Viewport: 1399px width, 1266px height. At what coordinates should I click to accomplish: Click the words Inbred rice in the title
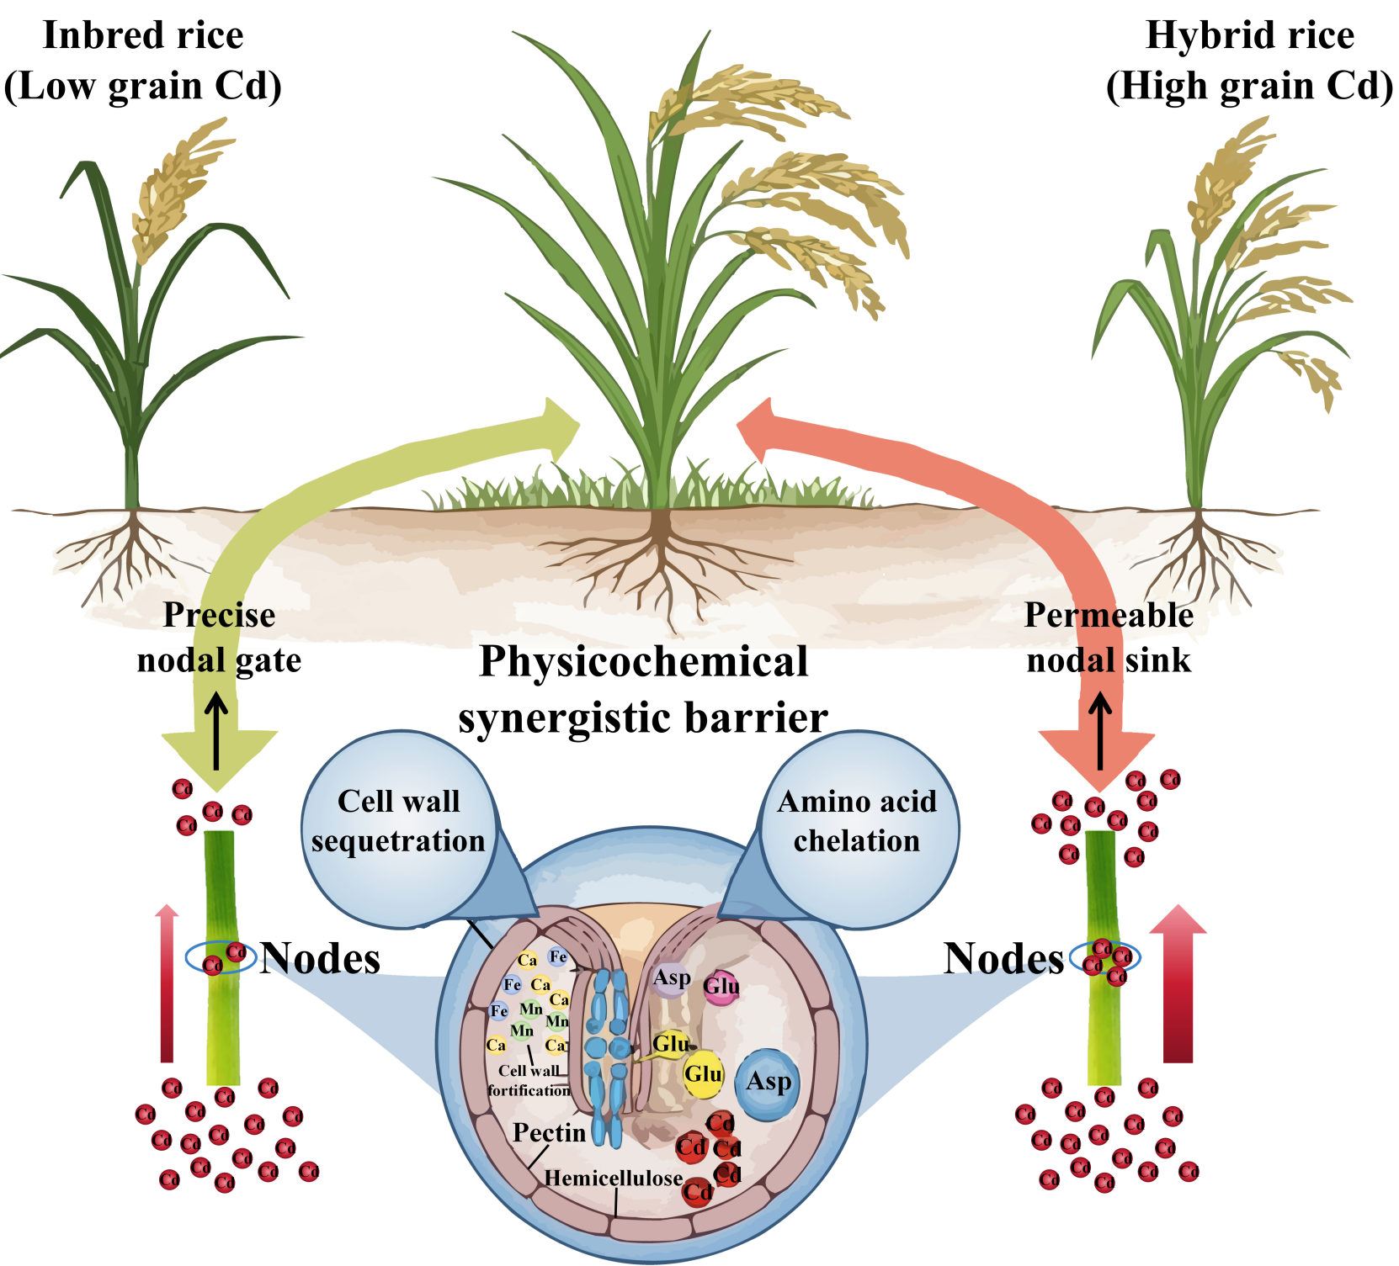[x=143, y=35]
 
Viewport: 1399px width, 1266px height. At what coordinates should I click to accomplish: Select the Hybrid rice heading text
[x=1250, y=35]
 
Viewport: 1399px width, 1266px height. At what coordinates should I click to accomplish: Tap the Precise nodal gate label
[x=219, y=638]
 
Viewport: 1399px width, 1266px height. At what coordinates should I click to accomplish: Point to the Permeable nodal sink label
[x=1109, y=638]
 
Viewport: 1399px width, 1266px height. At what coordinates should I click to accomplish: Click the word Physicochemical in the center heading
[x=643, y=661]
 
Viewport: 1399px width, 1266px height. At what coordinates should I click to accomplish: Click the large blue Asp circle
[x=768, y=1083]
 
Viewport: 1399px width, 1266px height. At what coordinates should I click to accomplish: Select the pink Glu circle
[x=721, y=987]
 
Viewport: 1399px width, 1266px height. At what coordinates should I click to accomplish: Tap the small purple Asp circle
[x=671, y=978]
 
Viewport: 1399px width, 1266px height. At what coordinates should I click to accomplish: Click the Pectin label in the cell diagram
[x=549, y=1133]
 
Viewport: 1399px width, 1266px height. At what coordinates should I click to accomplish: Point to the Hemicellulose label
[x=613, y=1179]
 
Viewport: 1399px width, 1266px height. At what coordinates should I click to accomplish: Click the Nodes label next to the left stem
[x=320, y=958]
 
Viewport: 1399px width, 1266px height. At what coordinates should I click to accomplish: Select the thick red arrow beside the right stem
[x=1178, y=984]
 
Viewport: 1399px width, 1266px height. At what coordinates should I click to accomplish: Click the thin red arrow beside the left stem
[x=168, y=984]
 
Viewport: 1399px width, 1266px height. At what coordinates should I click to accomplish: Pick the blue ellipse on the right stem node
[x=1104, y=957]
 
